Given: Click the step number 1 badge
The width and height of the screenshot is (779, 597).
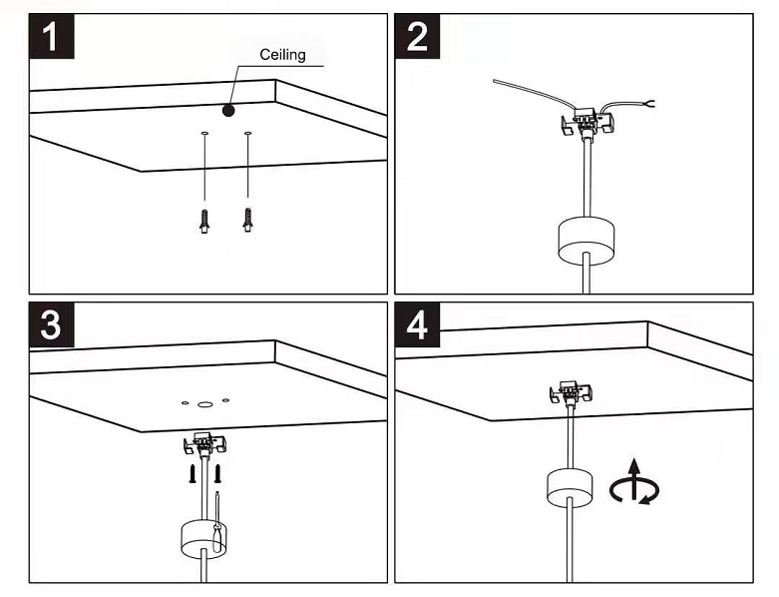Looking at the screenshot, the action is click(52, 36).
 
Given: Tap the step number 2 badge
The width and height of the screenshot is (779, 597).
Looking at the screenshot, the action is click(417, 36).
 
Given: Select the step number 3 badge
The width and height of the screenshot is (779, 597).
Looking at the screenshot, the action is click(52, 324).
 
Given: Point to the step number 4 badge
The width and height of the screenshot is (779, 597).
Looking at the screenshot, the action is click(417, 324).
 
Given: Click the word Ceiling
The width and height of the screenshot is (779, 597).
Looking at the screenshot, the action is click(282, 55).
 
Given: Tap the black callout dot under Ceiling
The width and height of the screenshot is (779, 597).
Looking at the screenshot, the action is click(228, 110).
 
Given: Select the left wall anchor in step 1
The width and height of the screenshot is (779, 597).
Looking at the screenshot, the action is click(204, 222).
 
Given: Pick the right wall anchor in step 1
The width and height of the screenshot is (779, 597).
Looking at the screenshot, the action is click(248, 220).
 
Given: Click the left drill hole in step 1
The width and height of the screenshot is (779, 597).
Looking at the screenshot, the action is click(204, 134).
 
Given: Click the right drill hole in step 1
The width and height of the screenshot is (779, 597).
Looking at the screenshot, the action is click(248, 133).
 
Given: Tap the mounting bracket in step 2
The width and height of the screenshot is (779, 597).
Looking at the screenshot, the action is click(587, 122).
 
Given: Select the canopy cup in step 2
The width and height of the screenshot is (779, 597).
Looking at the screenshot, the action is click(586, 241).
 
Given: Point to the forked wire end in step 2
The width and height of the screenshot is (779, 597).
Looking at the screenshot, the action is click(649, 104).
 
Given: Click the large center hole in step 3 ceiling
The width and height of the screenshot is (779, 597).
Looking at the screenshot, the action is click(203, 404).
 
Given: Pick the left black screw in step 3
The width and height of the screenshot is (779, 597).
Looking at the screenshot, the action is click(193, 474).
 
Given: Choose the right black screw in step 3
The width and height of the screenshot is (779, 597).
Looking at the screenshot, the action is click(217, 474).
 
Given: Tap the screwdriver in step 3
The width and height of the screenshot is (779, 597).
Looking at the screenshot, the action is click(217, 521).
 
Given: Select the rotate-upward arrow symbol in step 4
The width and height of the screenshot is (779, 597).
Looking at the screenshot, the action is click(634, 482).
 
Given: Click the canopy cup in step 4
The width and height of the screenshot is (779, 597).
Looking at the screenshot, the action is click(570, 487).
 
